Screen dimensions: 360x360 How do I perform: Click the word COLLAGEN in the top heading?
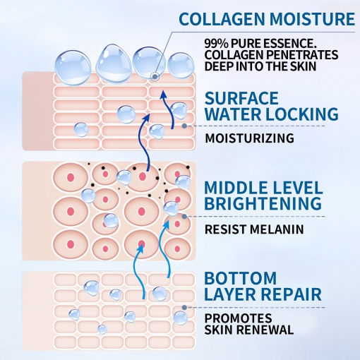point(222,19)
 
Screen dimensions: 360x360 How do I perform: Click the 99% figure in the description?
point(216,43)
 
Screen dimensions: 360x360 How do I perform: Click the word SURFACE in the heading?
point(241,98)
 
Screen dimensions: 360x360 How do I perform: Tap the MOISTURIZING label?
point(249,138)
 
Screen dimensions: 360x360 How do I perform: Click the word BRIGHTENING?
point(263,203)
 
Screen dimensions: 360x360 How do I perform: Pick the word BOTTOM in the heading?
point(240,278)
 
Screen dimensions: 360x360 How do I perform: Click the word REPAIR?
point(292,294)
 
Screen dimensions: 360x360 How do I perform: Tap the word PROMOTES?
point(238,318)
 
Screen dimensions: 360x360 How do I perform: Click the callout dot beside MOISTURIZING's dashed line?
point(184,126)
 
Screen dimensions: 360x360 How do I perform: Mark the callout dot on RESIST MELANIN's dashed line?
point(184,217)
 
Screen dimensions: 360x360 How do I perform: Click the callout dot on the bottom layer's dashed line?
point(184,307)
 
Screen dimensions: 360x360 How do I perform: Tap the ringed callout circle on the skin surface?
point(155,76)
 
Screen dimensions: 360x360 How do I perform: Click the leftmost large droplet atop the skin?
point(73,68)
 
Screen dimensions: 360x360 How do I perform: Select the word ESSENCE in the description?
point(291,43)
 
